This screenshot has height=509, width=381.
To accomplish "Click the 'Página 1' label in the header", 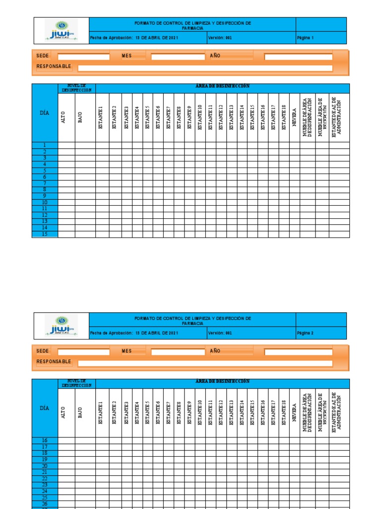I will pyautogui.click(x=305, y=38).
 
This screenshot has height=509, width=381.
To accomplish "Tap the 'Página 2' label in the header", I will pyautogui.click(x=305, y=333).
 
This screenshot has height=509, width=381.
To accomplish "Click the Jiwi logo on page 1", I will pyautogui.click(x=61, y=30).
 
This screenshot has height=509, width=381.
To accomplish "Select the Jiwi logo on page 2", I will pyautogui.click(x=61, y=326).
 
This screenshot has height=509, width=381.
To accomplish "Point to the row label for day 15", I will pyautogui.click(x=45, y=234).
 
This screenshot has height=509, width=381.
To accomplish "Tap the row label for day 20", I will pyautogui.click(x=45, y=466).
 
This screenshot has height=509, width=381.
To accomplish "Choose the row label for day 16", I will pyautogui.click(x=45, y=440).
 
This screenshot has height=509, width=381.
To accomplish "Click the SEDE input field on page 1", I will pyautogui.click(x=83, y=56).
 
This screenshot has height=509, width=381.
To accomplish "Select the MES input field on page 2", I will pyautogui.click(x=178, y=351).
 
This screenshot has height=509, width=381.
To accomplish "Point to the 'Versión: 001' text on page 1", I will pyautogui.click(x=220, y=38).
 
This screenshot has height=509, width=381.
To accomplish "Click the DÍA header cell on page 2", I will pyautogui.click(x=45, y=408).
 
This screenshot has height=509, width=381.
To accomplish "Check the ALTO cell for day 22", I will pyautogui.click(x=66, y=478).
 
